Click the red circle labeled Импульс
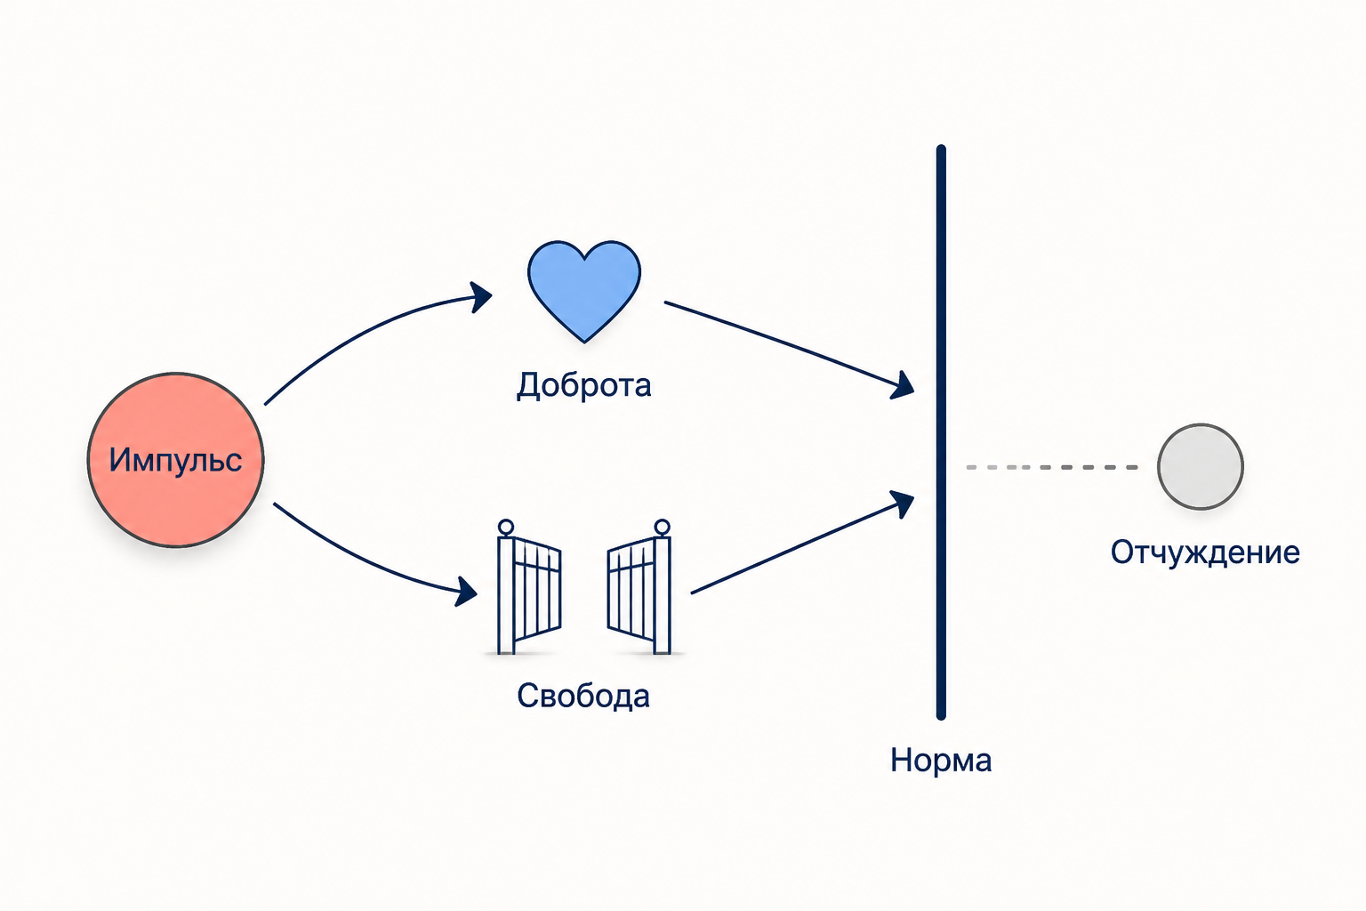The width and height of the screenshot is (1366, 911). (175, 459)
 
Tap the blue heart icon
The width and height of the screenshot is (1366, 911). (584, 291)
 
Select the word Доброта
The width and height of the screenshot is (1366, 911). (584, 385)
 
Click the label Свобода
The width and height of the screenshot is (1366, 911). (583, 695)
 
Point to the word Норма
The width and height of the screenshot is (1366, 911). (941, 761)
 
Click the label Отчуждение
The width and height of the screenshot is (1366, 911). (1205, 553)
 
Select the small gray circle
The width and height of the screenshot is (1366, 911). (1200, 467)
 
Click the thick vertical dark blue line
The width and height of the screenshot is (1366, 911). (941, 432)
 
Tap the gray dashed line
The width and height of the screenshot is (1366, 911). (1052, 467)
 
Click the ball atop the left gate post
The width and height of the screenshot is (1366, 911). (505, 527)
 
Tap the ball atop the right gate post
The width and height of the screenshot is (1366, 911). (663, 527)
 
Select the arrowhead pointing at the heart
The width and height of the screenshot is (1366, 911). (481, 297)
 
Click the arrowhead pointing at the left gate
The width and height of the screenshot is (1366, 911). (467, 592)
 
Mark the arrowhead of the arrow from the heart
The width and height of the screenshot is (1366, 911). (903, 385)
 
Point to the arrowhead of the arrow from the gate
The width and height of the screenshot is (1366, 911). (903, 504)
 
